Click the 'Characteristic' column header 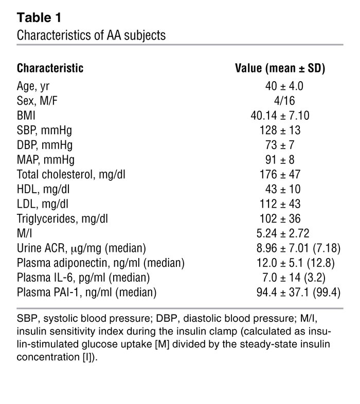click(x=50, y=68)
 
